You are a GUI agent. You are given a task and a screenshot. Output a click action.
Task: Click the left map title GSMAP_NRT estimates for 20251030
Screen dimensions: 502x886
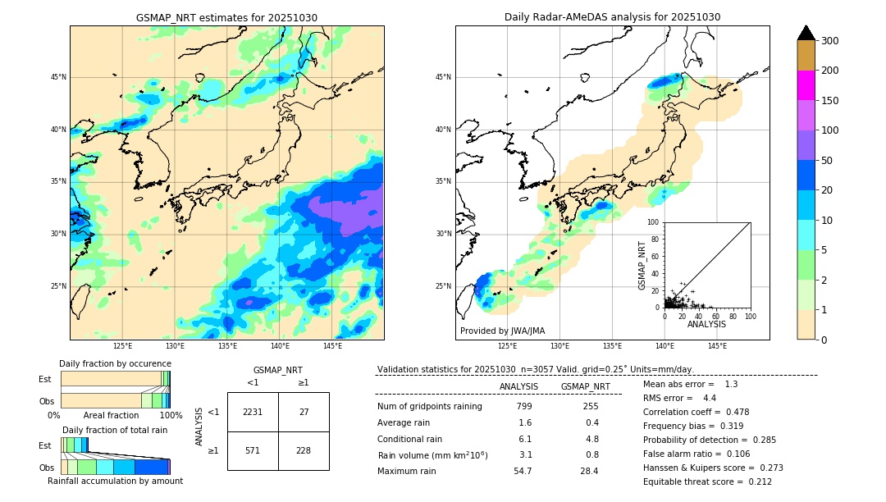tap(226, 17)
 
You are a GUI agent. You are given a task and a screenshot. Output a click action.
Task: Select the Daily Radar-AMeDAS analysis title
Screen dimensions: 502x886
tap(612, 17)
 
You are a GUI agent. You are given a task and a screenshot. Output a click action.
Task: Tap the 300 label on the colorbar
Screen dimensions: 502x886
tap(831, 41)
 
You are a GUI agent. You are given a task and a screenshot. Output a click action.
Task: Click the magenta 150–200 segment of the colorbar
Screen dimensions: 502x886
tap(806, 85)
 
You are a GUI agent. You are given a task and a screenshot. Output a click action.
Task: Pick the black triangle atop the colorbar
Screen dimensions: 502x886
tap(806, 33)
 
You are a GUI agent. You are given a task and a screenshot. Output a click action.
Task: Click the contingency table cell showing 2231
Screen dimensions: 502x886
tap(253, 412)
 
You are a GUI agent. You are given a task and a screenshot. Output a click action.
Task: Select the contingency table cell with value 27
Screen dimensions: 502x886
tap(304, 412)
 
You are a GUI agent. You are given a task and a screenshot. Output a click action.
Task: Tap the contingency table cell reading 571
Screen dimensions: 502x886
tap(253, 450)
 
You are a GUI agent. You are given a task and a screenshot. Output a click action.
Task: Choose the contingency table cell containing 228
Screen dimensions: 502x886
tap(304, 450)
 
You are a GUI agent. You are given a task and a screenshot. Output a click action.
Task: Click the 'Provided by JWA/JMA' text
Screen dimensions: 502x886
tap(502, 331)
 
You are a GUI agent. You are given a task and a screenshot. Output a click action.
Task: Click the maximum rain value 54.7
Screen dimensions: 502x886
tap(523, 471)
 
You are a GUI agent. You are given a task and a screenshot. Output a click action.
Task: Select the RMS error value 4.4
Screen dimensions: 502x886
tap(710, 398)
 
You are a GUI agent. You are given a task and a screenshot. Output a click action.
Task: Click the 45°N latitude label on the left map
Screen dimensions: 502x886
tap(58, 77)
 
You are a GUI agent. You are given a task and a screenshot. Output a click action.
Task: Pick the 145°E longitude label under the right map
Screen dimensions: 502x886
tap(717, 346)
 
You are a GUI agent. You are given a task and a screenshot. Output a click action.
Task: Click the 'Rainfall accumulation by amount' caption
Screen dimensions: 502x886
tap(115, 481)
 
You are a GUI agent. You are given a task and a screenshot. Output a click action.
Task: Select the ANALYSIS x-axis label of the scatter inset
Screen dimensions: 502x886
tap(706, 324)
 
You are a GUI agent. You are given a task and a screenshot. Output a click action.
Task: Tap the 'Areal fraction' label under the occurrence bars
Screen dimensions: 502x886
tap(112, 415)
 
